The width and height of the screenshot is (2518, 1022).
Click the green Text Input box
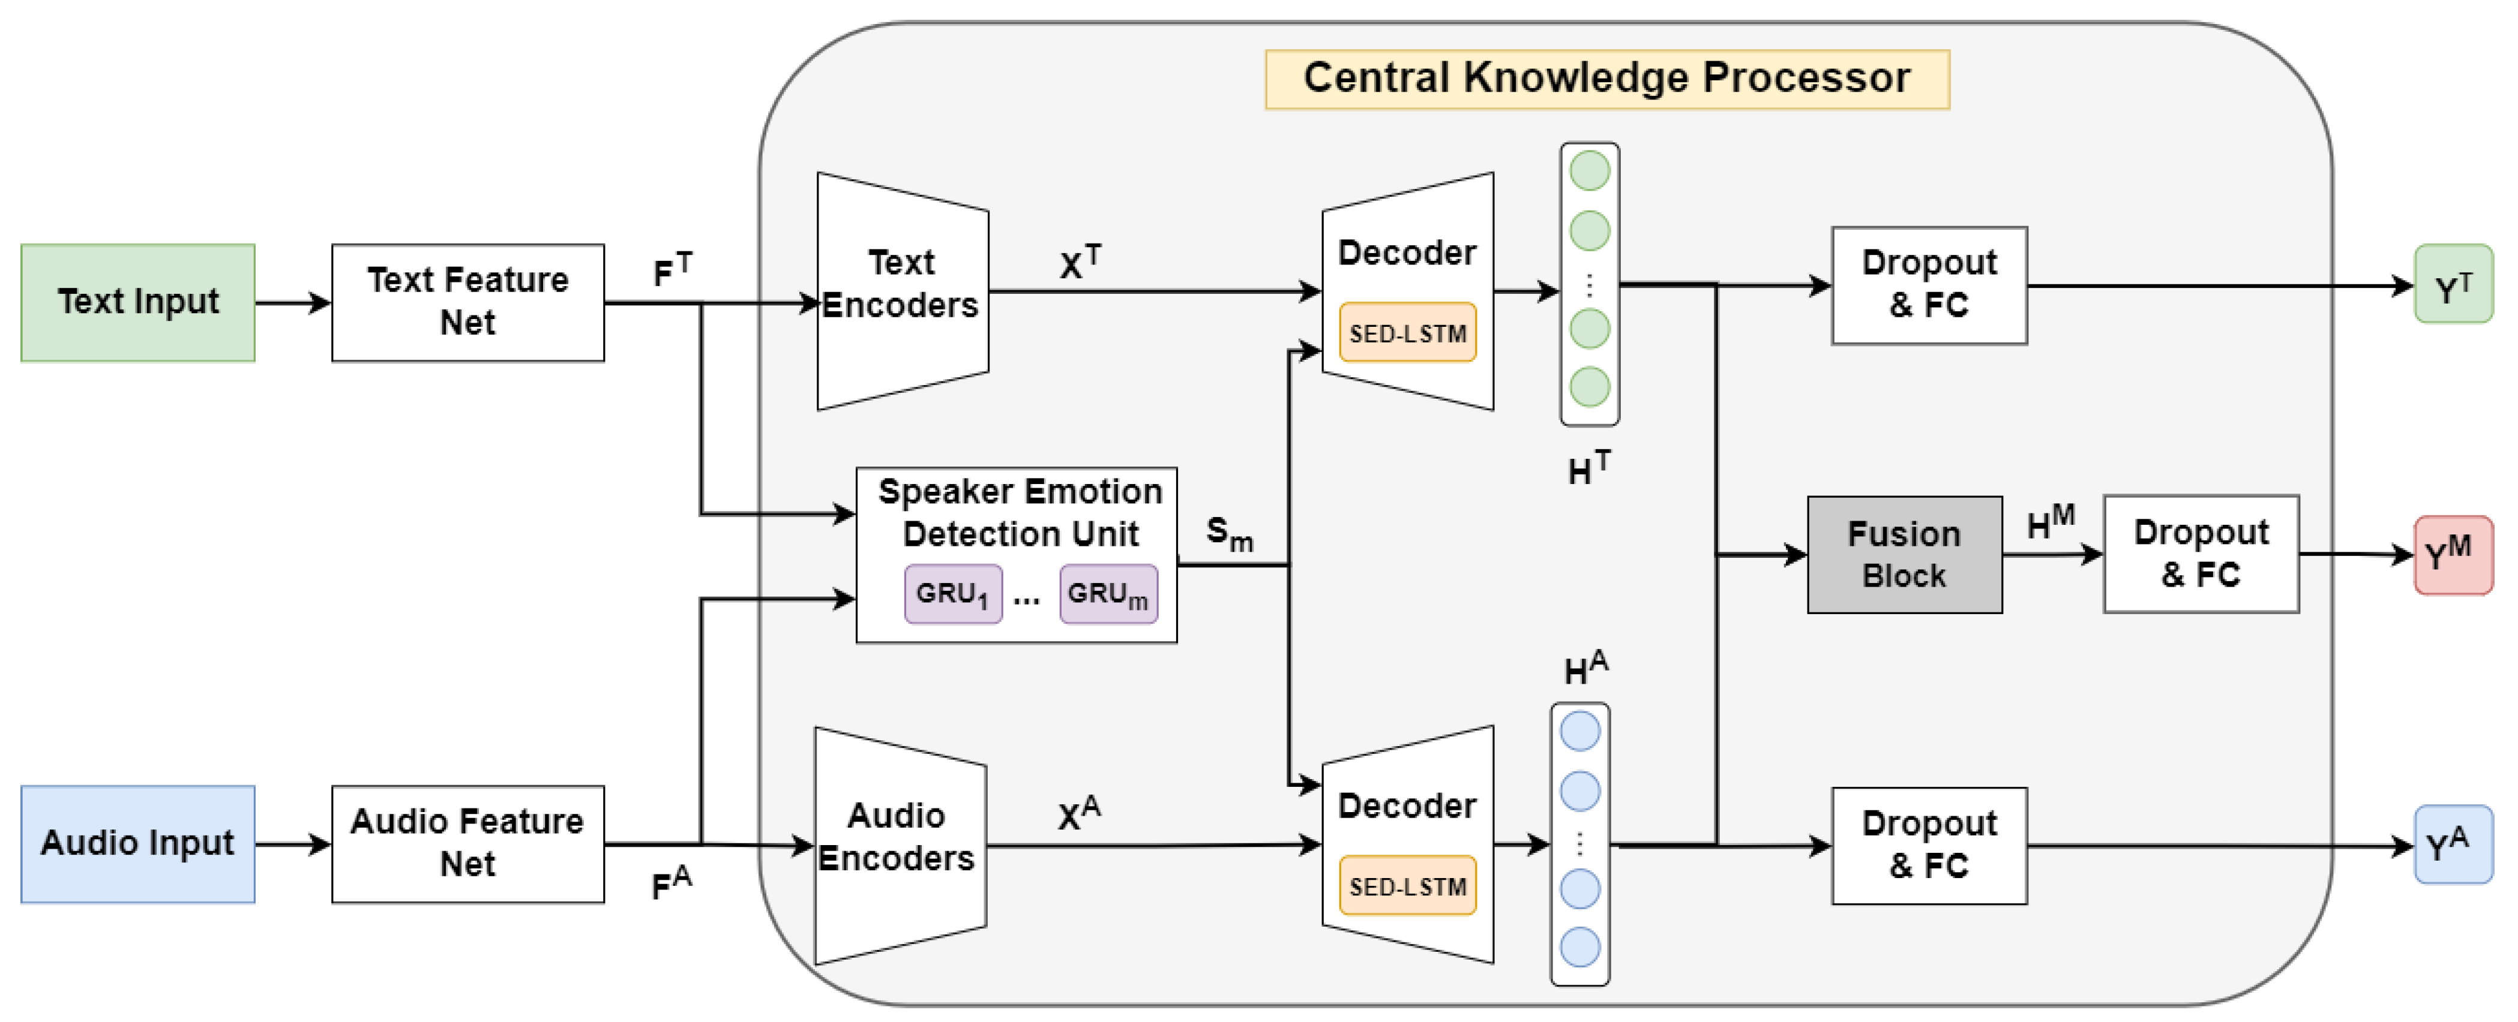point(138,302)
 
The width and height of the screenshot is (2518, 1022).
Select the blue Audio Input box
point(138,843)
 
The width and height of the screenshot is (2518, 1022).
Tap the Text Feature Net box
point(467,302)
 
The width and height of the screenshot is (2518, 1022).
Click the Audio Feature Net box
point(467,843)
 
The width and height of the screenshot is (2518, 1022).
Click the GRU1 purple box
point(952,593)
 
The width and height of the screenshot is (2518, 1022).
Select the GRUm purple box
point(1108,593)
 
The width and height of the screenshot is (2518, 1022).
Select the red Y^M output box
point(2453,555)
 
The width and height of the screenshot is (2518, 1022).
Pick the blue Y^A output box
point(2453,844)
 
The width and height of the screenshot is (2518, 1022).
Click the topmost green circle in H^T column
point(1590,171)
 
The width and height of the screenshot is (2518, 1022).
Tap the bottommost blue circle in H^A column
point(1579,947)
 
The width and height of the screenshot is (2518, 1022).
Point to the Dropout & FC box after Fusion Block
point(2201,554)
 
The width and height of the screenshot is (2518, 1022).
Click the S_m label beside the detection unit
point(1229,533)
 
